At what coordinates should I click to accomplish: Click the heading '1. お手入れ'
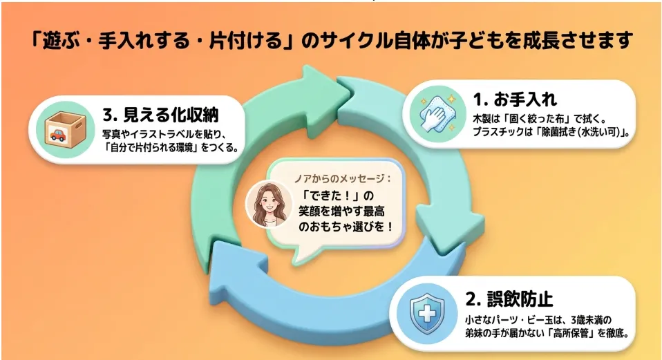coord(515,100)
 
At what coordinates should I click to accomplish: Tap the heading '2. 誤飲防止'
coord(509,299)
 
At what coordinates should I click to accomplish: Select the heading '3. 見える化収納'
coord(160,115)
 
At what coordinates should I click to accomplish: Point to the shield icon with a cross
coord(427,313)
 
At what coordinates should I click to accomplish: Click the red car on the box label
coord(57,135)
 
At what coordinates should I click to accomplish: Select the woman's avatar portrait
coord(269,205)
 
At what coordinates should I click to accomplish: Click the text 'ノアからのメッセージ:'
coord(343,178)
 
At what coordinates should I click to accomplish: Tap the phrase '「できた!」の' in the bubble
coord(338,196)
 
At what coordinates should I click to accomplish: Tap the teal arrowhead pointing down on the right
coord(448,226)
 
